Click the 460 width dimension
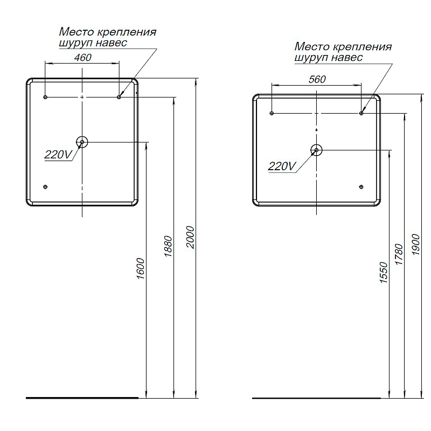pos(82,58)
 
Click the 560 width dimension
pos(317,79)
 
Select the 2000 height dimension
pos(190,238)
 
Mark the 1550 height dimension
pos(384,273)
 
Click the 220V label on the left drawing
pos(58,155)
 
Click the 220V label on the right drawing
pos(282,166)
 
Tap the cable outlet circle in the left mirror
pos(82,142)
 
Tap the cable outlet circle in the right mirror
pos(317,150)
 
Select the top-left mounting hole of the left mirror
pos(45,97)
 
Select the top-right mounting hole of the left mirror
pos(119,97)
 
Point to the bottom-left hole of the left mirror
pos(45,187)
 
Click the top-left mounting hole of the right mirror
pos(272,113)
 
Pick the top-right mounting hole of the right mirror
pos(362,113)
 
